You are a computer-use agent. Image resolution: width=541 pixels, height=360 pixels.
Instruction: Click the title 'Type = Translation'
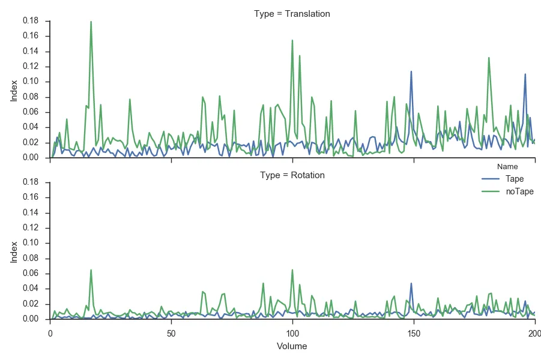[x=292, y=13]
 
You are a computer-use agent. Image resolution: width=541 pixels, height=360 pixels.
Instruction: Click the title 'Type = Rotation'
[x=292, y=175]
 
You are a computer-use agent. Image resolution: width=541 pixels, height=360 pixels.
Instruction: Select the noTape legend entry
[x=519, y=191]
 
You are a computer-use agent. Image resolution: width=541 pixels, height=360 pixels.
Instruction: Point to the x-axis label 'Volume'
[x=292, y=346]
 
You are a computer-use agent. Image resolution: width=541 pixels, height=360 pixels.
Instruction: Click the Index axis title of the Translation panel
[x=14, y=89]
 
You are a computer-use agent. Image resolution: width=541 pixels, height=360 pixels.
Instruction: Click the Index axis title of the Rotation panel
[x=14, y=251]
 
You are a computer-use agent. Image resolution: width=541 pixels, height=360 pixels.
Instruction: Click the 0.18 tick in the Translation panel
[x=31, y=20]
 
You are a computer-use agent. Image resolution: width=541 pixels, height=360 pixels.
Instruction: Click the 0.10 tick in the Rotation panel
[x=31, y=243]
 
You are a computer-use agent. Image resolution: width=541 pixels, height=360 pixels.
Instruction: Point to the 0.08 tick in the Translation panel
[x=31, y=97]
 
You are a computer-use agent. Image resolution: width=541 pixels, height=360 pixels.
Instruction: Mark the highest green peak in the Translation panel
[x=91, y=22]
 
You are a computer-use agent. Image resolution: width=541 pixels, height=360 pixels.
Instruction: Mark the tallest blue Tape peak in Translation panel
[x=411, y=71]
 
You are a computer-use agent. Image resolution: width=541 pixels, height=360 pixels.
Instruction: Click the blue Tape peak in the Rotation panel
[x=411, y=283]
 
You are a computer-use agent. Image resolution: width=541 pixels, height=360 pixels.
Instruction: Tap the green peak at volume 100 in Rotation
[x=292, y=270]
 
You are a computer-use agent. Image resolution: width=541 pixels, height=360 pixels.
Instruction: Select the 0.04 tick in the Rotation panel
[x=31, y=289]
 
